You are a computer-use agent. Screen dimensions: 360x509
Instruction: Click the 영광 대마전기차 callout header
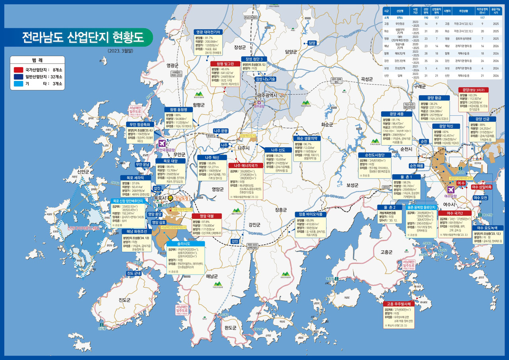(209, 32)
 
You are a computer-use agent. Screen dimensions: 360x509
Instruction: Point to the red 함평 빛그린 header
(225, 64)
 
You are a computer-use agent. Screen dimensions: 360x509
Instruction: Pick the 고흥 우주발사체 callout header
(399, 304)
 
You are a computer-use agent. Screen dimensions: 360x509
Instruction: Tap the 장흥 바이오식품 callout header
(311, 214)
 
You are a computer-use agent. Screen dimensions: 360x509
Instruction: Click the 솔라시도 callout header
(186, 243)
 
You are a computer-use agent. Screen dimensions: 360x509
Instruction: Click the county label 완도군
(230, 328)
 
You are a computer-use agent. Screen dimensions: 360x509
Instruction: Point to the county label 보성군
(352, 185)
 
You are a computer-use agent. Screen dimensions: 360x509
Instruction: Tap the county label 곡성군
(366, 80)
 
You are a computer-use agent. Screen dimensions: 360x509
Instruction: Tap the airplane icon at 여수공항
(451, 189)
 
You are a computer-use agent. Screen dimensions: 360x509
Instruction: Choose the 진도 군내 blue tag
(134, 273)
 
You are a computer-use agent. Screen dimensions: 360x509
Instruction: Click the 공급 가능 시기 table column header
(495, 10)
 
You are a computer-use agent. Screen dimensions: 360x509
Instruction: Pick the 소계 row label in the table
(386, 18)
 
